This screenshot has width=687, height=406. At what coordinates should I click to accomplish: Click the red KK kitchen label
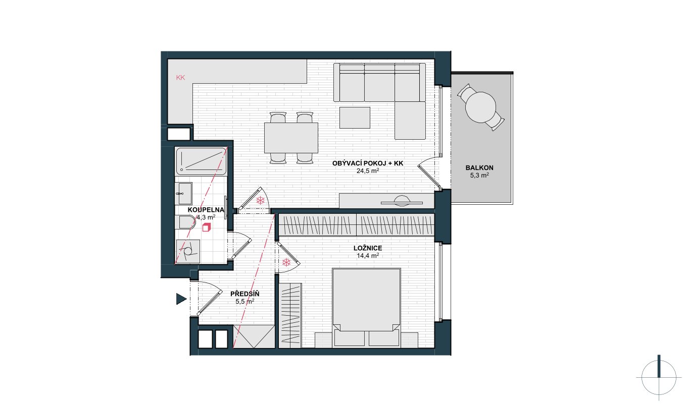[x=180, y=78]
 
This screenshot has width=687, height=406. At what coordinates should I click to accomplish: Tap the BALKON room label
[x=479, y=168]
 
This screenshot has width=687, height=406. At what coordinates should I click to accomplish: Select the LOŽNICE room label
[x=368, y=248]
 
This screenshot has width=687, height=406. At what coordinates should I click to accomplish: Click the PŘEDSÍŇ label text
[x=244, y=294]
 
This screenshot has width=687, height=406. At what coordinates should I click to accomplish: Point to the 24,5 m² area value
[x=368, y=171]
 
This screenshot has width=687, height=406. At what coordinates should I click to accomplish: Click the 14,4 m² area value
[x=368, y=256]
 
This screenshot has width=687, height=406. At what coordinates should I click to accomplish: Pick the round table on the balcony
[x=480, y=107]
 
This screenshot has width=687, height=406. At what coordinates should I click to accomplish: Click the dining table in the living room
[x=291, y=138]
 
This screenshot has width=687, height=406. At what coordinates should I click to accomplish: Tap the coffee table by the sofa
[x=355, y=118]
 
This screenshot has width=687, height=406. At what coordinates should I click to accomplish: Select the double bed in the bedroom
[x=367, y=308]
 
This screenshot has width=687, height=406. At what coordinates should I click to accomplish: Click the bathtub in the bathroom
[x=201, y=161]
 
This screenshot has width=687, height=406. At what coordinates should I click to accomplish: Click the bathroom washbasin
[x=183, y=194]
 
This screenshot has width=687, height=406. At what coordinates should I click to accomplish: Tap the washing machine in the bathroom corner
[x=188, y=251]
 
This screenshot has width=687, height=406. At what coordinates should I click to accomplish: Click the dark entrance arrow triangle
[x=181, y=299]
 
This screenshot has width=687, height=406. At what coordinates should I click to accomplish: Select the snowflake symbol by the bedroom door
[x=286, y=262]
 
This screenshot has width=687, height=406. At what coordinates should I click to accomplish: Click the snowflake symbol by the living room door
[x=260, y=201]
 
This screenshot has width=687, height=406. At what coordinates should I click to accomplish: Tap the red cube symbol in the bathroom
[x=207, y=227]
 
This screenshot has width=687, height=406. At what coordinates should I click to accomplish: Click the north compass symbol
[x=659, y=378]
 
